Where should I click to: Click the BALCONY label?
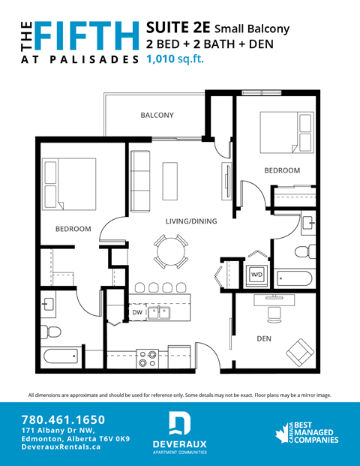point(157,115)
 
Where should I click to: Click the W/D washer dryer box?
point(256,274)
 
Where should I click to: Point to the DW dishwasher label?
point(137,311)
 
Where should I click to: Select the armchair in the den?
point(301,350)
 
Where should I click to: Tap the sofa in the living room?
point(140,181)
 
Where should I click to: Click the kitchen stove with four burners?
point(146,359)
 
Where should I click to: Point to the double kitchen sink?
point(158,311)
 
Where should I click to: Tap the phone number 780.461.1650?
point(63,419)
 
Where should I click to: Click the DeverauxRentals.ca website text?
point(61,447)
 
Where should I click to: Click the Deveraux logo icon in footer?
point(179,424)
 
